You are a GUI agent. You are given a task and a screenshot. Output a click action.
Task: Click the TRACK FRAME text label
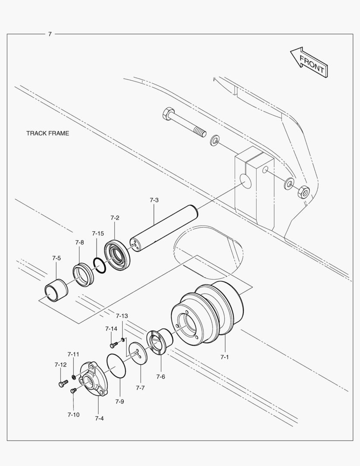pos(47,133)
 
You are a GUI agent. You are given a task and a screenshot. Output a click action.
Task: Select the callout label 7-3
pos(154,200)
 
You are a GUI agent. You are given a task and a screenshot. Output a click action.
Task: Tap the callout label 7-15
pos(98,233)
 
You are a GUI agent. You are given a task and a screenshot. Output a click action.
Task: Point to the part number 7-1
pos(225,357)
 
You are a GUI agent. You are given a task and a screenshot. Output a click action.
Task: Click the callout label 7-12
pos(60,365)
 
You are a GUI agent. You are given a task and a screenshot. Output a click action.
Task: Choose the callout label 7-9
pos(119,401)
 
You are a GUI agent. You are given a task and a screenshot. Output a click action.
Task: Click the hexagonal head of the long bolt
pos(169,115)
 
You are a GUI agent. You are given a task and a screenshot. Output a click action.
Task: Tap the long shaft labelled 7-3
pos(164,231)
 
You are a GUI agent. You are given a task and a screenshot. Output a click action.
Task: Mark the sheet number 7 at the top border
pos(50,34)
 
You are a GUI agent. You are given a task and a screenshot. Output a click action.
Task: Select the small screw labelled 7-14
pos(113,345)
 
